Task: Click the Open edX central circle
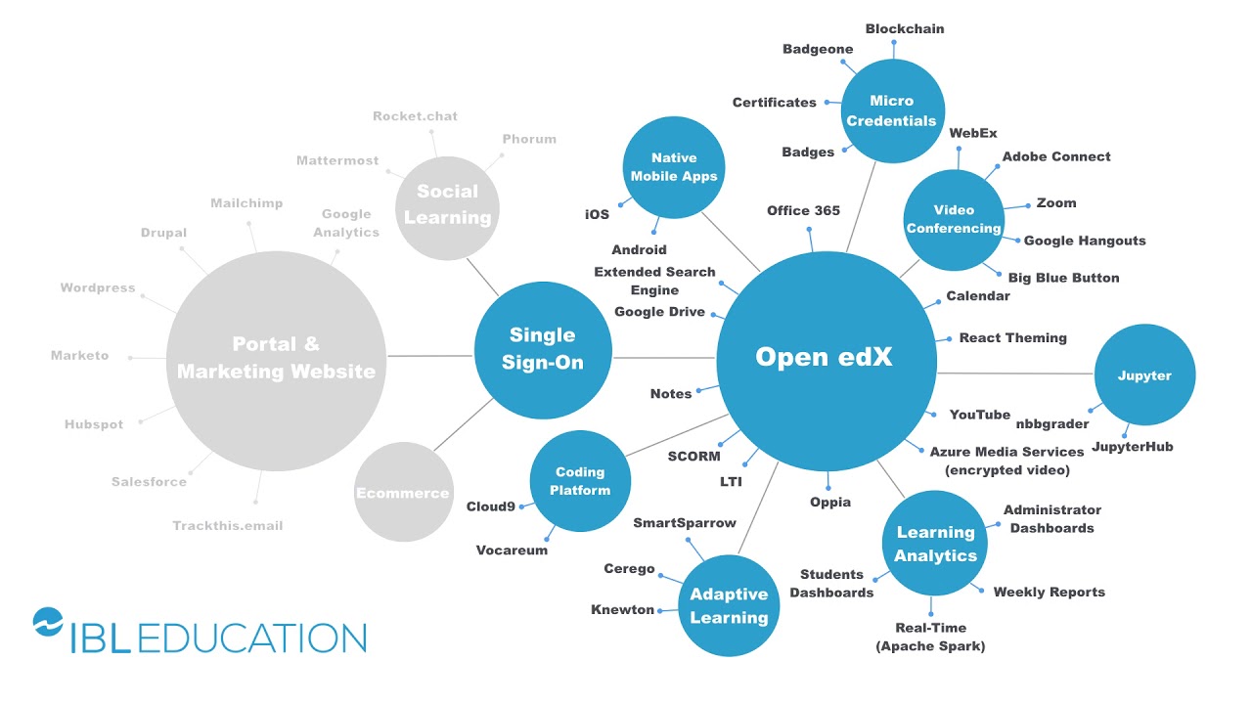825,358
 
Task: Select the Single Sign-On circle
543,350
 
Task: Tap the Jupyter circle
1144,375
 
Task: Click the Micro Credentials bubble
891,110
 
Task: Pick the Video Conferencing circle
954,219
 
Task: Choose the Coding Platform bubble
580,481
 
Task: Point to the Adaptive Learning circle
729,606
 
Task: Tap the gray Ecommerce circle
402,493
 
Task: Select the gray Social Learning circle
447,205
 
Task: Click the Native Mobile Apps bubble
674,167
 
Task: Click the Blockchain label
905,29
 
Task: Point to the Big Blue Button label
1063,278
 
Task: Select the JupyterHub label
1132,447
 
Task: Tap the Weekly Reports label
1049,593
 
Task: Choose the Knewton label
622,610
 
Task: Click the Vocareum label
512,550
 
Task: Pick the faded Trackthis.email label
228,526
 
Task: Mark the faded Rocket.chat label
415,116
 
